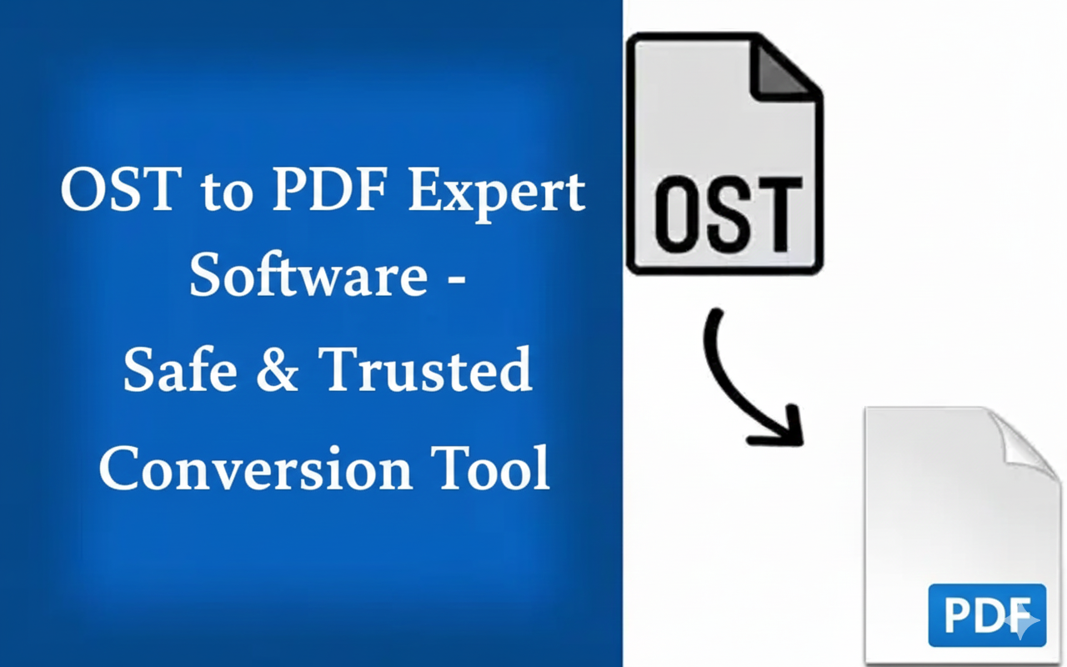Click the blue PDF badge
(x=987, y=615)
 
